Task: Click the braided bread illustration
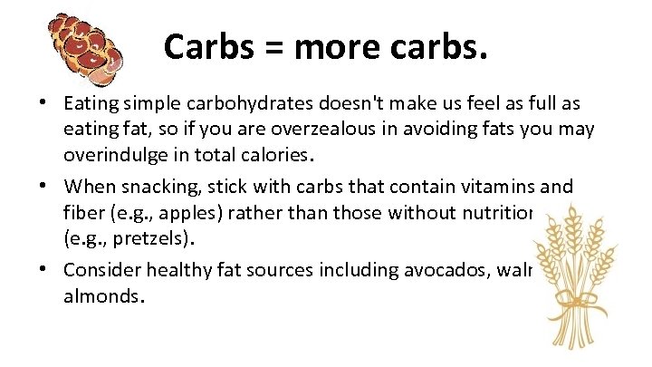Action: (x=86, y=50)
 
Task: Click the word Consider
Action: (x=101, y=269)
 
